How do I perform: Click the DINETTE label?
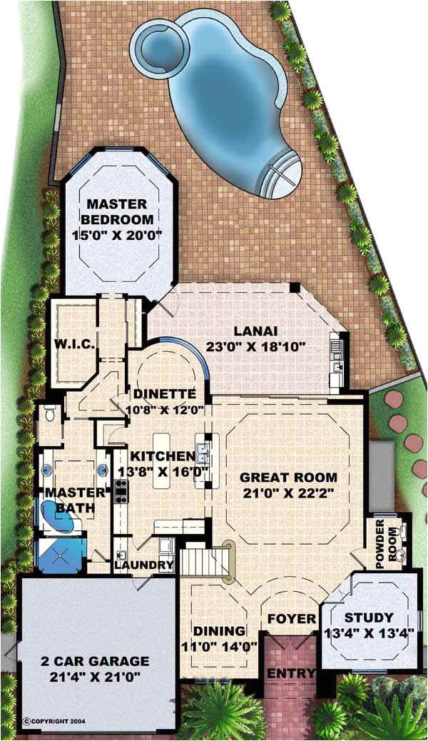(x=164, y=393)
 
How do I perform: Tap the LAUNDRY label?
(x=143, y=565)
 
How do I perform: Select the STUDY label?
(x=368, y=617)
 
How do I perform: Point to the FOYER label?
(x=291, y=617)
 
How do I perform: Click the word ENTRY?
(x=290, y=673)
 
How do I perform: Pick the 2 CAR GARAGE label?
(x=94, y=661)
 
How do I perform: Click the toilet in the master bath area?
(x=49, y=415)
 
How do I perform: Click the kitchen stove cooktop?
(x=121, y=490)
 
